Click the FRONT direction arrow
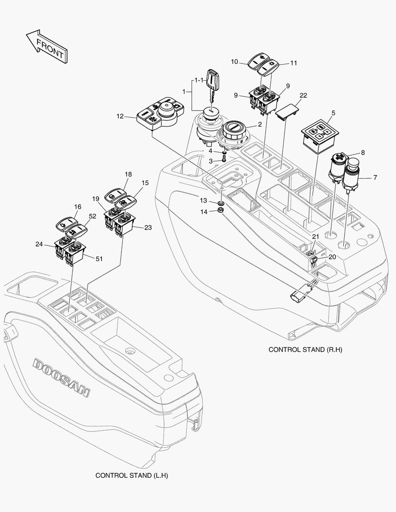tap(46, 46)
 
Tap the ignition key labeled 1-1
tap(212, 85)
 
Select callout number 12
tap(120, 116)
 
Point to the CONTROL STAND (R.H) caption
tap(305, 349)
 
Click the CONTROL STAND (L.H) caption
tap(132, 475)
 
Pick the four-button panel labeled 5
tap(320, 137)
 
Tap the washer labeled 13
tap(221, 204)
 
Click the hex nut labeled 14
tap(221, 210)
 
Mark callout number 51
tap(99, 259)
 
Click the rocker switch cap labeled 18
tap(115, 195)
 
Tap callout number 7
tap(375, 177)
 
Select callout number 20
tap(332, 257)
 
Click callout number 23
tap(148, 227)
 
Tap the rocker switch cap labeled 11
tap(268, 67)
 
